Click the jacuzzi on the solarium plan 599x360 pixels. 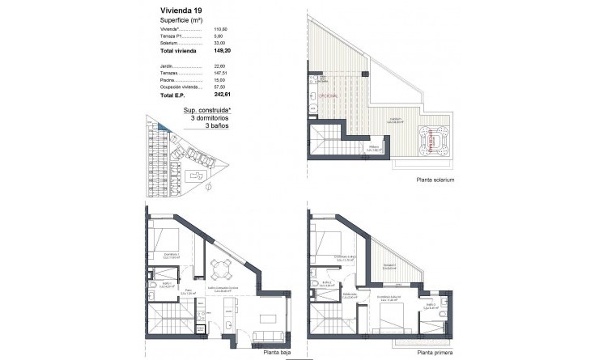[x=435, y=139]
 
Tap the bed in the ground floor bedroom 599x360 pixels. [x=166, y=241]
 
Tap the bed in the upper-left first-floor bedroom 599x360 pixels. [x=328, y=241]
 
